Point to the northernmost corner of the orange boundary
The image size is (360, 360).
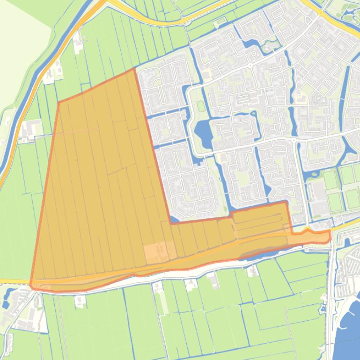click(x=134, y=69)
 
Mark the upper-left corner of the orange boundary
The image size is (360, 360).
click(x=59, y=102)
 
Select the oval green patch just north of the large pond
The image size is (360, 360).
click(x=201, y=106)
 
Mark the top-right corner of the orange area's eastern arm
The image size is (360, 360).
click(x=286, y=202)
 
